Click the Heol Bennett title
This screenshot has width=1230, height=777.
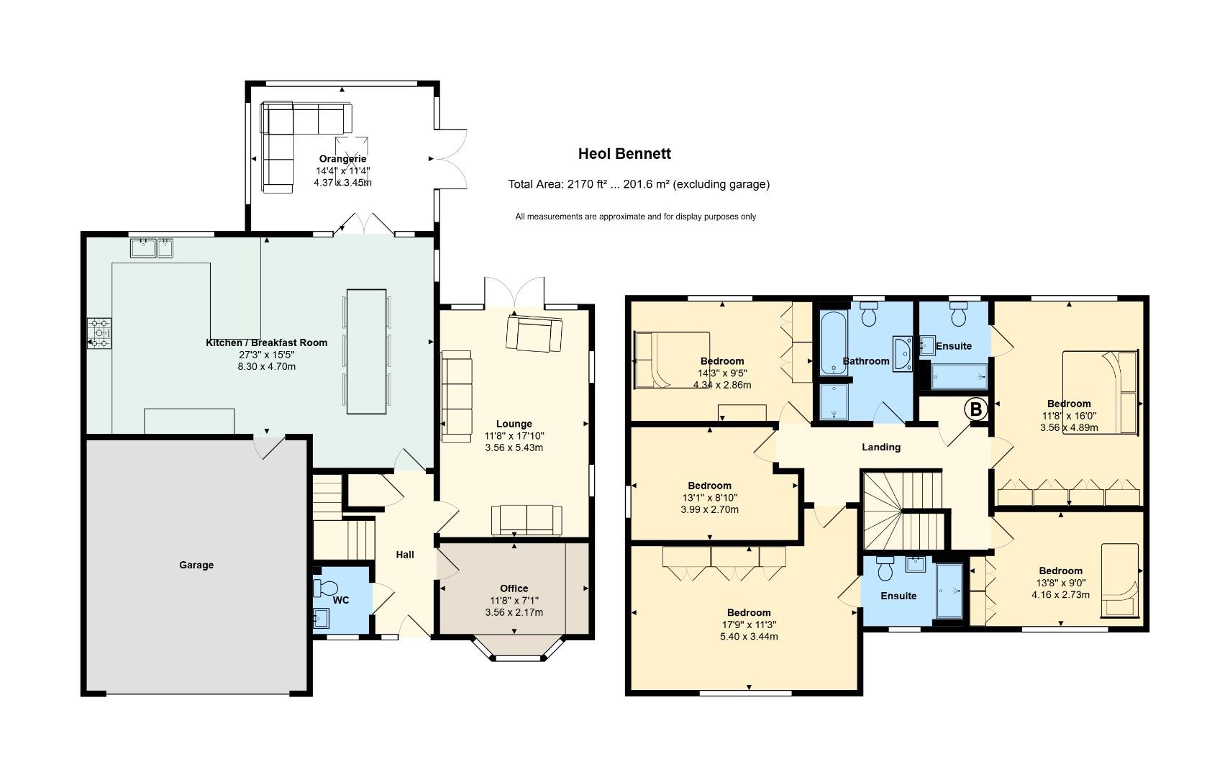[624, 154]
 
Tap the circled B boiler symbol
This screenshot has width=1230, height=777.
[976, 409]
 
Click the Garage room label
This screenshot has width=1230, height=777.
[196, 565]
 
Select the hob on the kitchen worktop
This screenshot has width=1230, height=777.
[99, 333]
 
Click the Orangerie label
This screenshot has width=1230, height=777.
[342, 159]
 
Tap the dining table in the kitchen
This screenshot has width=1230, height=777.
[366, 351]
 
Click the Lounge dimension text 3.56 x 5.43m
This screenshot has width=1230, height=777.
[514, 448]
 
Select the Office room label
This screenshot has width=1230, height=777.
[514, 589]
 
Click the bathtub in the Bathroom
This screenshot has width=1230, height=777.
[833, 343]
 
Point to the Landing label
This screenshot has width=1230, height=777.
[880, 447]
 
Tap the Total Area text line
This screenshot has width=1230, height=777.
[639, 184]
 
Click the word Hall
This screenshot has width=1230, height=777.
[405, 555]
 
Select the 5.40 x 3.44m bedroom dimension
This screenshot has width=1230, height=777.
[749, 637]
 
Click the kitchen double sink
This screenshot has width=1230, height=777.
[152, 248]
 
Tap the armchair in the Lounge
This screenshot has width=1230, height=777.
[534, 334]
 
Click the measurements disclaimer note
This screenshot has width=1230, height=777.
[635, 217]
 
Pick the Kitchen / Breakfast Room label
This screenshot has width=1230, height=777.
[266, 342]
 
